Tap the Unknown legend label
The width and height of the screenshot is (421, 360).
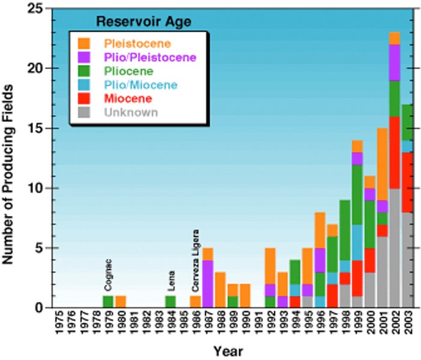coord(130,112)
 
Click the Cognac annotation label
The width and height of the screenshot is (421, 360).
coord(108,275)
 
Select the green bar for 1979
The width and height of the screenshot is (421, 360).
coord(108,302)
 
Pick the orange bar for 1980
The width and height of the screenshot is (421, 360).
coord(121,302)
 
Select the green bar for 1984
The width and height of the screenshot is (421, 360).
coord(171,302)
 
